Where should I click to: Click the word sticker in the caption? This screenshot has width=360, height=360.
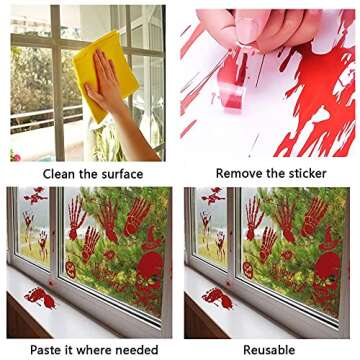coord(316,174)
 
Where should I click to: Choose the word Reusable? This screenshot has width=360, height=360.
coord(268,349)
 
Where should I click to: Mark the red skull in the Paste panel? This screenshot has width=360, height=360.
coord(150,270)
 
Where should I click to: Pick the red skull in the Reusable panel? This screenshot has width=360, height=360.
coord(327,270)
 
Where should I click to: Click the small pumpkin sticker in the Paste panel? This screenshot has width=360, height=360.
coord(71,270)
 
